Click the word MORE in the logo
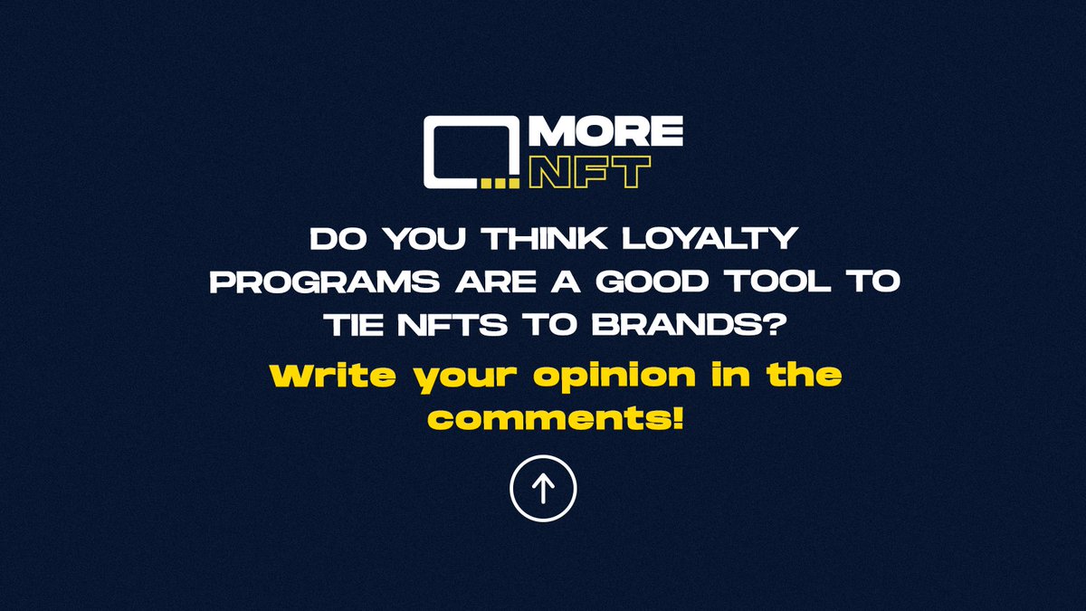[x=605, y=133]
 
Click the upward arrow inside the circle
[x=543, y=489]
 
